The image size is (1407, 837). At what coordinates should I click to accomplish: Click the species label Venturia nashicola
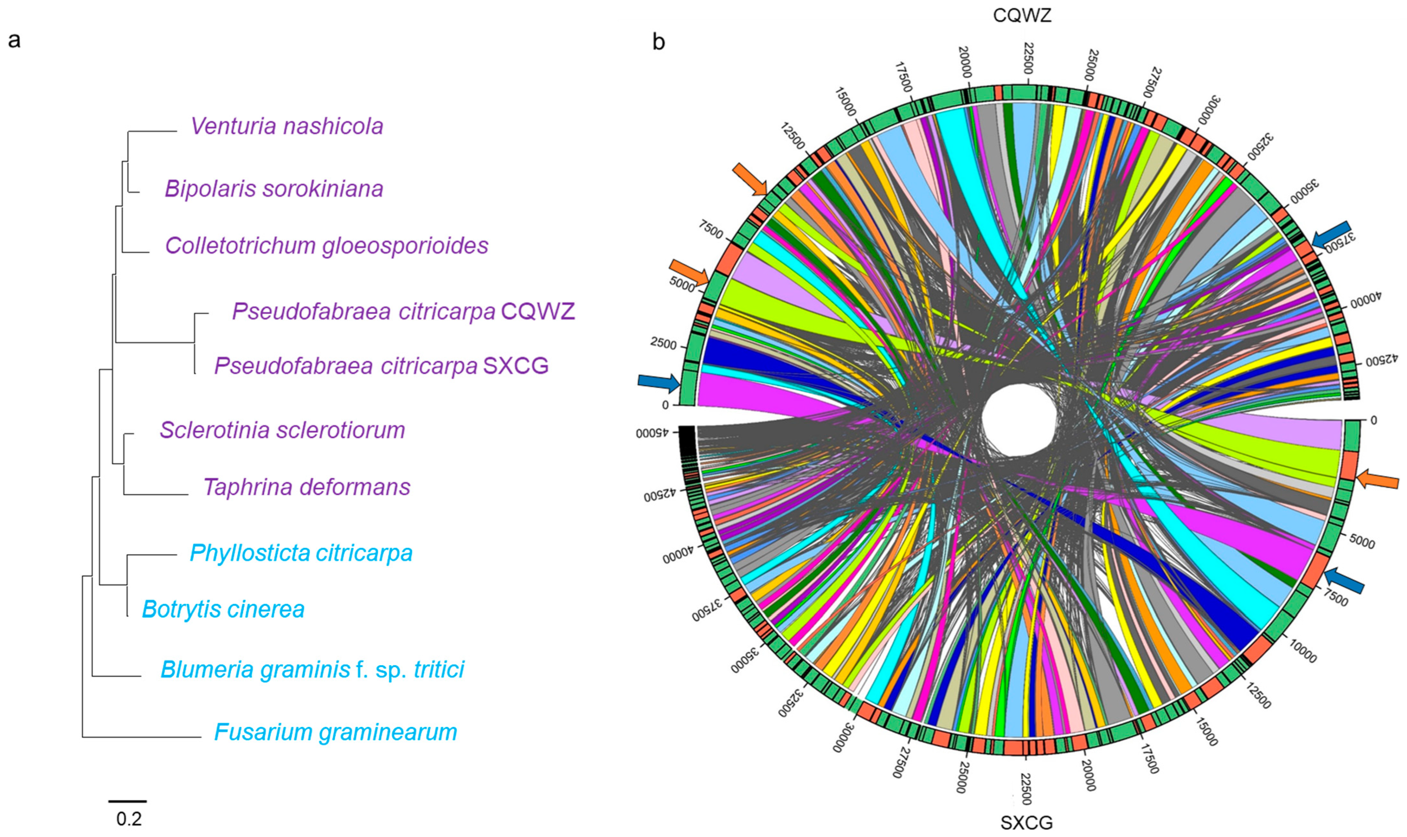coord(287,126)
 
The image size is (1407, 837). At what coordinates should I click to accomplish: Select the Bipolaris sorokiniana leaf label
coord(273,189)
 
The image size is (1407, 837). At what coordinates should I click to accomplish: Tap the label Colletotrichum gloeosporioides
coord(326,246)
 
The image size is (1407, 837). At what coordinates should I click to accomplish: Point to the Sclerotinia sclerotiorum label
coord(282,430)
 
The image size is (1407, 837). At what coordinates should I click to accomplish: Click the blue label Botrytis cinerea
coord(223,609)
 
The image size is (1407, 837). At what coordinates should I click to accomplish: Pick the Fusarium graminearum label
coord(336,733)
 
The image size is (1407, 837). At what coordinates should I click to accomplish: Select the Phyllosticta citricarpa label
coord(301,553)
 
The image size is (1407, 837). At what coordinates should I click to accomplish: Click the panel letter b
coord(659,41)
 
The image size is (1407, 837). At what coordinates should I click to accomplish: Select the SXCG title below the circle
coord(1026,823)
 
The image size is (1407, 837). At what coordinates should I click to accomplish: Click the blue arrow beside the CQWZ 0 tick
coord(658,382)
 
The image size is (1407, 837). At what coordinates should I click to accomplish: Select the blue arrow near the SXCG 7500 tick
coord(1344,580)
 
